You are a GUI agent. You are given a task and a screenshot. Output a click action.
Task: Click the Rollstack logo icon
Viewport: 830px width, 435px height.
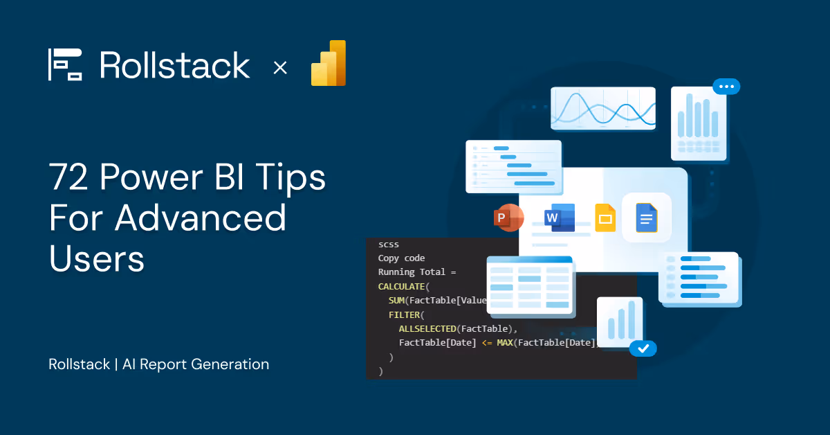pyautogui.click(x=65, y=64)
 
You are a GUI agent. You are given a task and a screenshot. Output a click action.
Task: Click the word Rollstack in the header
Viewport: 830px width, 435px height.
pyautogui.click(x=174, y=65)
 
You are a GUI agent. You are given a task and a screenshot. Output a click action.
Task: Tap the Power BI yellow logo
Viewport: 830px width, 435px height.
pyautogui.click(x=329, y=63)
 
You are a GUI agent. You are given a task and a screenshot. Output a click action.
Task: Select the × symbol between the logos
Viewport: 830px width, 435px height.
pyautogui.click(x=280, y=67)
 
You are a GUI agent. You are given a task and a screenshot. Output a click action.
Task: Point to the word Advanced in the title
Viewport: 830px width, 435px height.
pyautogui.click(x=201, y=218)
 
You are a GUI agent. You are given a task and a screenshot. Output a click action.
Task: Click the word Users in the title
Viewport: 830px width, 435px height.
pyautogui.click(x=96, y=258)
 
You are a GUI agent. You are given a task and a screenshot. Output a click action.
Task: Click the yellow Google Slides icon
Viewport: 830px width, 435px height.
pyautogui.click(x=605, y=218)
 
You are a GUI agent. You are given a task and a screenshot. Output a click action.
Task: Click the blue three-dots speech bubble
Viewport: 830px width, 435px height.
pyautogui.click(x=726, y=87)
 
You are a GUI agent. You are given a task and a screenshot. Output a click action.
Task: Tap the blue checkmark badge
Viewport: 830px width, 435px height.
pyautogui.click(x=643, y=348)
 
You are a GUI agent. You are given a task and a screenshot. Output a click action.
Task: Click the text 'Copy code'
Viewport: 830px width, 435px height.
pyautogui.click(x=401, y=258)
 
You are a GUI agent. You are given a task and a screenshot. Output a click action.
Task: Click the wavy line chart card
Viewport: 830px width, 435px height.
pyautogui.click(x=602, y=108)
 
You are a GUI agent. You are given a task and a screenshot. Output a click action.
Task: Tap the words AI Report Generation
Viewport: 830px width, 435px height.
pyautogui.click(x=196, y=364)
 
